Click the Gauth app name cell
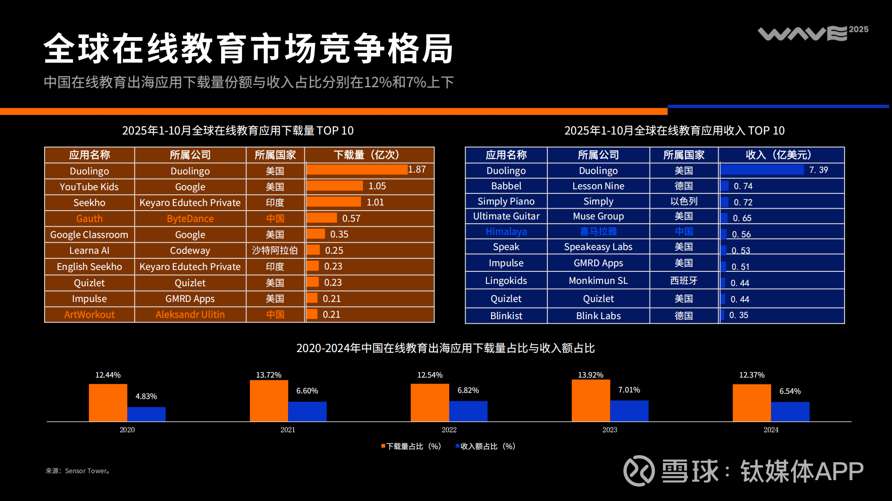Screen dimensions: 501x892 coord(89,218)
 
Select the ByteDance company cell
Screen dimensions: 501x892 coord(190,218)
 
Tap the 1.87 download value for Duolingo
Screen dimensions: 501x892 coord(417,170)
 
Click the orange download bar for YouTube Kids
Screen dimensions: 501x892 coord(334,186)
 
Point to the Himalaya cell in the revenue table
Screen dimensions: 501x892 coord(506,231)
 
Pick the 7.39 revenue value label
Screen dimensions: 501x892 coord(818,170)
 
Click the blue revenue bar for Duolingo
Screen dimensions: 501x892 coord(762,170)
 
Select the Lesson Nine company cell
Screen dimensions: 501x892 coord(598,186)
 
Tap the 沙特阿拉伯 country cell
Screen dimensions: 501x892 coord(275,250)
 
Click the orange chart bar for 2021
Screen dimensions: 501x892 coord(269,401)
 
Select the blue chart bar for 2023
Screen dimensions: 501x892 coord(629,411)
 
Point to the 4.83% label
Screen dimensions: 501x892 coord(146,397)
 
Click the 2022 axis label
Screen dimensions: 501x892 coord(449,430)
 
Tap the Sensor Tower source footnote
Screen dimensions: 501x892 coord(78,471)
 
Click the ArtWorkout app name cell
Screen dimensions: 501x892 coord(89,315)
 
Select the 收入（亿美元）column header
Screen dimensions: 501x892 coord(778,155)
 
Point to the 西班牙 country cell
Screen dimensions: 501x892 coord(683,281)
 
